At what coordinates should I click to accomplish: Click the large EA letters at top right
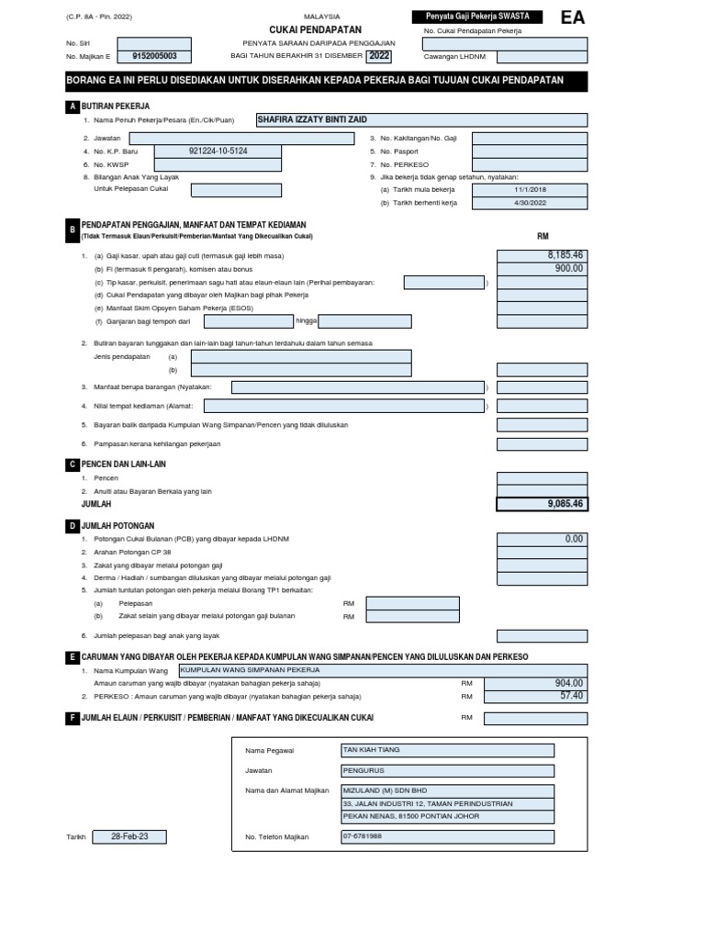tap(572, 18)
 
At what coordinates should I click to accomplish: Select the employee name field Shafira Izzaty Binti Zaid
tap(421, 120)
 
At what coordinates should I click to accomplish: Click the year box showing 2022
tap(379, 56)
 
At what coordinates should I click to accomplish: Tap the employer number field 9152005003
tap(154, 57)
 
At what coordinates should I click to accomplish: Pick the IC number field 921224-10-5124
tap(218, 151)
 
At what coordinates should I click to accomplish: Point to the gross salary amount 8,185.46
tap(542, 255)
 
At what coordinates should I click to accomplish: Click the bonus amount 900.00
tap(542, 269)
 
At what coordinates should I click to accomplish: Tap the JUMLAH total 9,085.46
tap(542, 504)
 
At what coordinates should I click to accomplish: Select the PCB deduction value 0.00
tap(542, 539)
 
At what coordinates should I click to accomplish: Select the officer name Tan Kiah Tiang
tap(447, 750)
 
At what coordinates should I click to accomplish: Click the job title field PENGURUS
tap(447, 771)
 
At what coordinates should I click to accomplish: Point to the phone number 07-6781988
tap(447, 836)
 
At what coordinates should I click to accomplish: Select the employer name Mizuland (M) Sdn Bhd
tap(447, 790)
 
